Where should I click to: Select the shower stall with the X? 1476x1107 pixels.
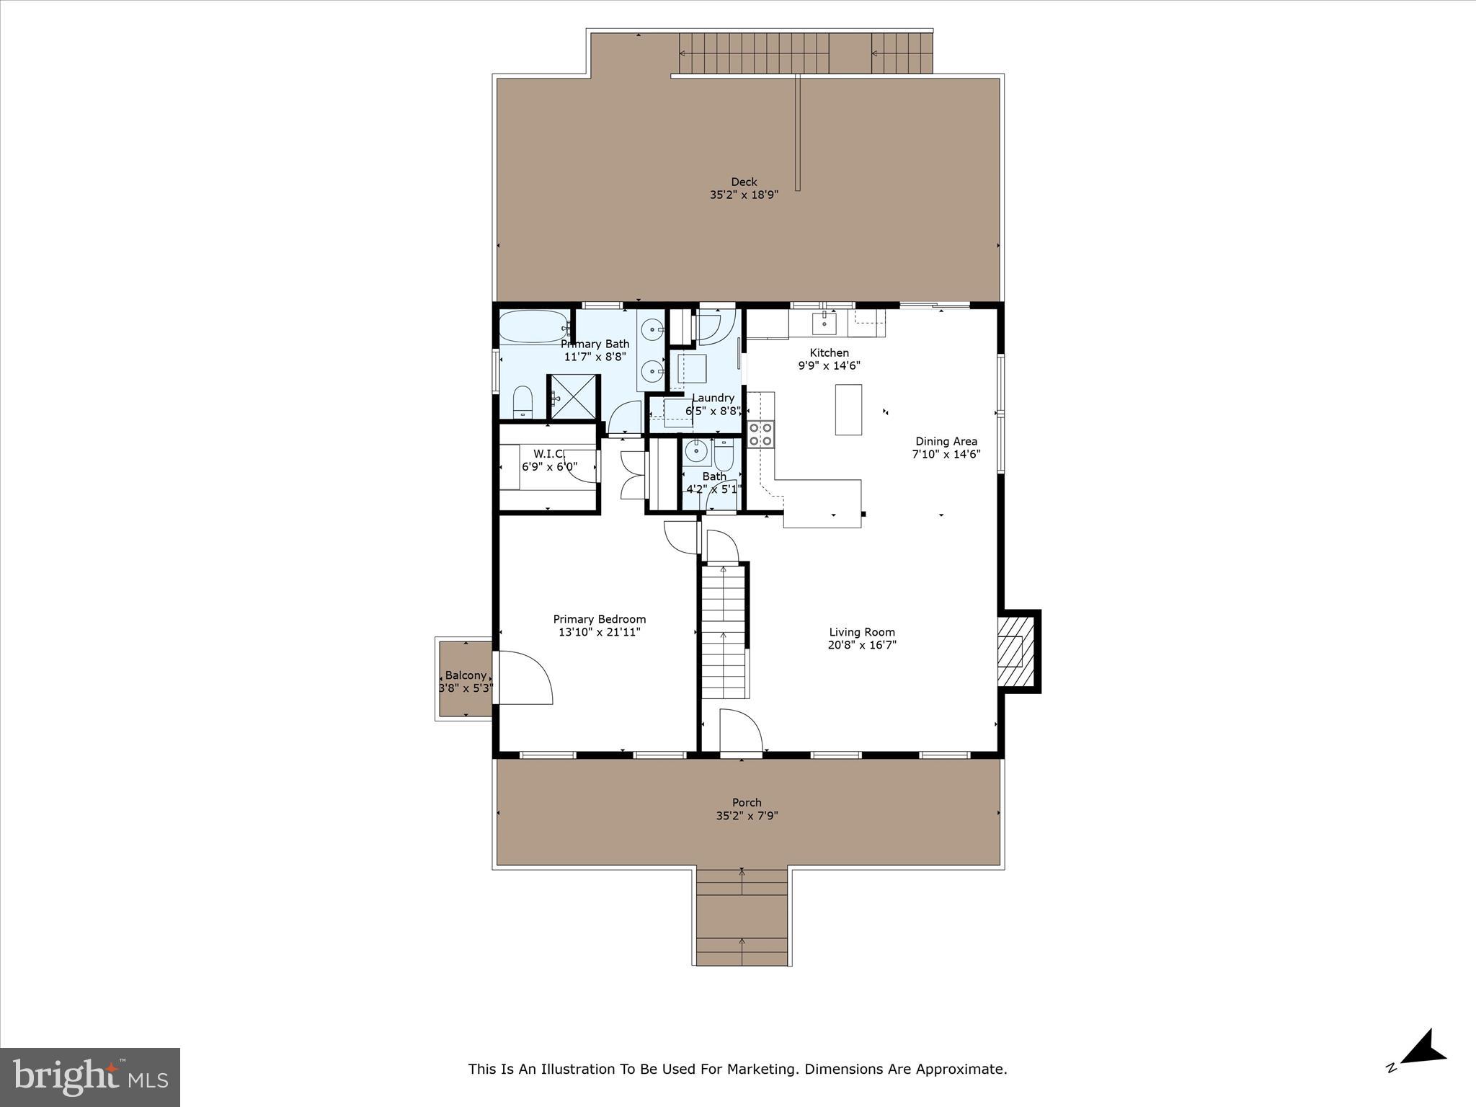coord(573,397)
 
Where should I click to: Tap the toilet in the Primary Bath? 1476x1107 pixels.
coord(522,402)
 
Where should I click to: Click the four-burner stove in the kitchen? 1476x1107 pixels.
coord(760,434)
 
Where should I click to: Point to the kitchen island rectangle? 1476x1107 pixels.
coord(848,409)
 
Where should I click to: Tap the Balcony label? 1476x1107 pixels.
coord(465,675)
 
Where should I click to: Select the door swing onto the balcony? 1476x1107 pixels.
coord(525,677)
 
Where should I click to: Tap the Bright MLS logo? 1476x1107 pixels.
coord(90,1077)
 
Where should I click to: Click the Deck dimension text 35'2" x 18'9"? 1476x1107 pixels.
coord(744,195)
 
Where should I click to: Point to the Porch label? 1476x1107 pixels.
coord(747,802)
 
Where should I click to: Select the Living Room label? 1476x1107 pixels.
coord(861,632)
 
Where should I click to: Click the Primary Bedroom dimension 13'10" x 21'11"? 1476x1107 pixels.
coord(599,632)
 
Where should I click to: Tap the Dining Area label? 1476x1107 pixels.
coord(946,441)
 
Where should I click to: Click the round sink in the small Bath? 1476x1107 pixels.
coord(696,452)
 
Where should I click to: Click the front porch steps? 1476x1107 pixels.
coord(742,917)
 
